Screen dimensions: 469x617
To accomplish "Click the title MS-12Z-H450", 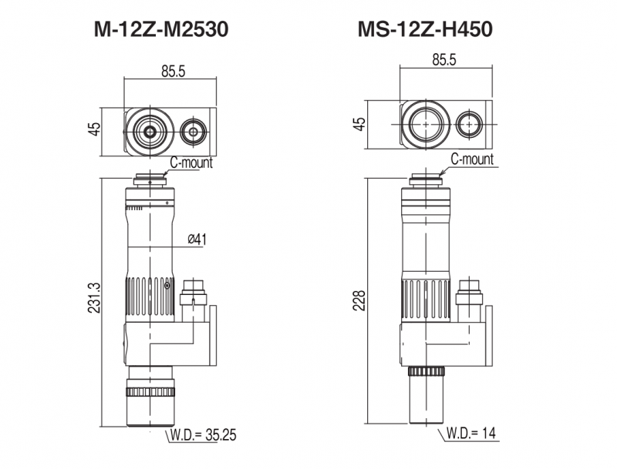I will pos(424,30).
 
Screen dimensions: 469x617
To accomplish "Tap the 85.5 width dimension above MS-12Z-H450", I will pos(447,59).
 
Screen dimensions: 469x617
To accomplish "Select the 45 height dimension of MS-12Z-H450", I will pos(359,123).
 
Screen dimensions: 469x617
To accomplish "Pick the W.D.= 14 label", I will pos(470,434).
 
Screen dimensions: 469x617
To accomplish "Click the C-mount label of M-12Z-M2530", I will pos(190,162).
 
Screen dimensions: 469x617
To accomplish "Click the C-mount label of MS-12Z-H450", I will pos(471,160).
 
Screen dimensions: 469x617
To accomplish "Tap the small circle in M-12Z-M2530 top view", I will pos(194,132).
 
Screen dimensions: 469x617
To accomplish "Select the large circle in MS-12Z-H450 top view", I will pos(426,124).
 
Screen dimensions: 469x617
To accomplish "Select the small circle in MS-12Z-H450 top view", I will pos(469,124).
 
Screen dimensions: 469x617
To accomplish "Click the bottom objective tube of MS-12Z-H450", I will pos(425,397).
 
